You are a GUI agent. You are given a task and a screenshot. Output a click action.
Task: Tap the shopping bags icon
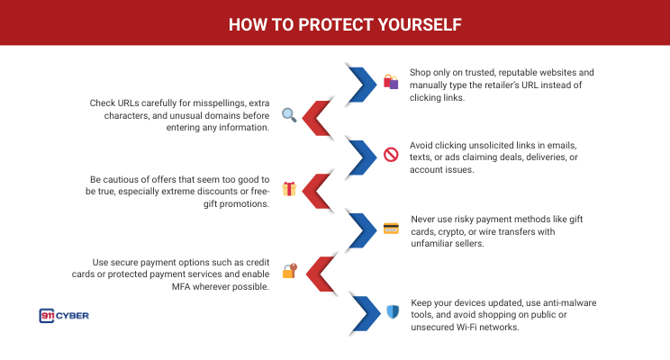[390, 82]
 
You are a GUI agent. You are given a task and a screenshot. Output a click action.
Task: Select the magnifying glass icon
[289, 114]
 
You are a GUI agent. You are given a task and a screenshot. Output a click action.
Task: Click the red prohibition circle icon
[390, 155]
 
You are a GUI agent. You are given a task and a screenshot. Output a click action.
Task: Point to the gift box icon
[289, 189]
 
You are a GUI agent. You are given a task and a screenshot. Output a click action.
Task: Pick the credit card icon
[390, 229]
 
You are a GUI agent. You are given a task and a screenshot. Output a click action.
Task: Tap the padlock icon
[289, 269]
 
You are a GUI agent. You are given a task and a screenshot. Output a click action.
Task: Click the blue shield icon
[391, 311]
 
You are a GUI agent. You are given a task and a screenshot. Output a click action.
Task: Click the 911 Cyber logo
[64, 315]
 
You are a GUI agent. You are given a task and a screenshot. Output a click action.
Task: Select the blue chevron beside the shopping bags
[360, 84]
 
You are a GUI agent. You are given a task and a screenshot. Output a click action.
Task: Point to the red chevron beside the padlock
[320, 271]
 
